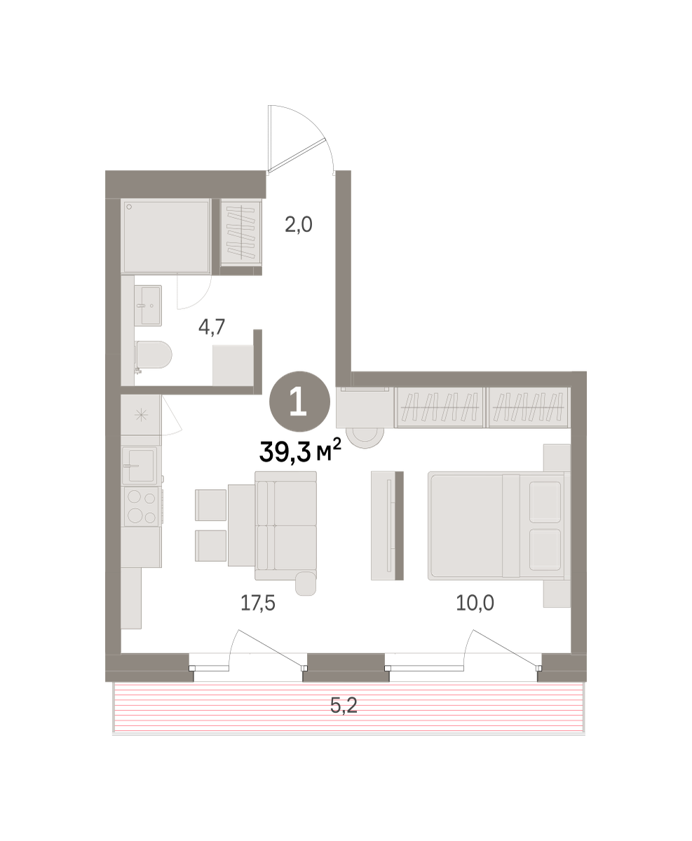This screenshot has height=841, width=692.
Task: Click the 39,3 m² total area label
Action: pyautogui.click(x=300, y=451)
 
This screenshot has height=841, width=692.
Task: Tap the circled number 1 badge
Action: pyautogui.click(x=300, y=401)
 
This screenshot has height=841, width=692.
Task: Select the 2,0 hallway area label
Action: pyautogui.click(x=299, y=225)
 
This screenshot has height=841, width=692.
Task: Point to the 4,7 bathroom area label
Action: pyautogui.click(x=212, y=327)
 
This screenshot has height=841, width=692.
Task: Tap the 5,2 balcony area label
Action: pyautogui.click(x=344, y=706)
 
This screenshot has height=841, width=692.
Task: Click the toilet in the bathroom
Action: pyautogui.click(x=154, y=355)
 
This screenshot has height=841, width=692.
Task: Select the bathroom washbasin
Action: pyautogui.click(x=147, y=306)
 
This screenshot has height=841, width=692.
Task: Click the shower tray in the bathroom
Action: pyautogui.click(x=166, y=237)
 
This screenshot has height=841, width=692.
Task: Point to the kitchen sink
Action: pyautogui.click(x=140, y=465)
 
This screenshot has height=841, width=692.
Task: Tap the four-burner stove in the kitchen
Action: pyautogui.click(x=142, y=507)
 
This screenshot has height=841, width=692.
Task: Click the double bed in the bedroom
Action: pyautogui.click(x=499, y=526)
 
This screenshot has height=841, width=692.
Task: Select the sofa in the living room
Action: pyautogui.click(x=286, y=526)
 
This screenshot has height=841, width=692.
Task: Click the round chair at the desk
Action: pyautogui.click(x=365, y=437)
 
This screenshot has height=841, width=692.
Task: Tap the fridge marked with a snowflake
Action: pyautogui.click(x=141, y=415)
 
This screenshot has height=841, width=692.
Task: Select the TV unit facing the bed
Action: pyautogui.click(x=387, y=526)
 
